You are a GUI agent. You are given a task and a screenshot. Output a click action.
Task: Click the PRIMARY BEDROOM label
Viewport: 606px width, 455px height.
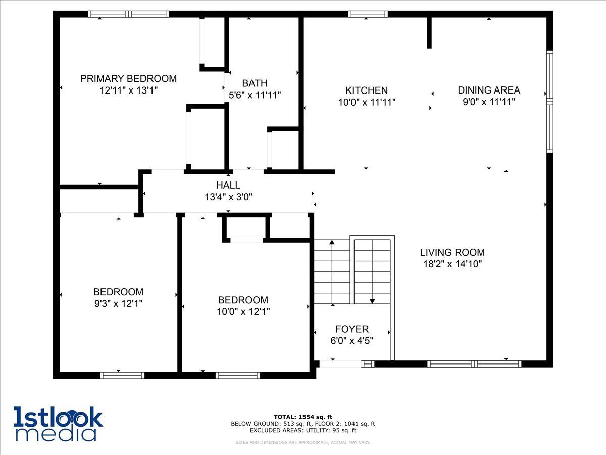(128, 79)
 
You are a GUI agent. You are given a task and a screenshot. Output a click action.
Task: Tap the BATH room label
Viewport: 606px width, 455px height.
(255, 83)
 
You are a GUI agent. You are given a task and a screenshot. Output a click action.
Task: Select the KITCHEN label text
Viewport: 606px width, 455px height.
(367, 90)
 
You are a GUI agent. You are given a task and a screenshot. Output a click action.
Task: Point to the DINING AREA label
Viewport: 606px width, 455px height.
(489, 90)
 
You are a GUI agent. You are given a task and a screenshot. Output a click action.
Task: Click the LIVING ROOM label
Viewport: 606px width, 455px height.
(452, 252)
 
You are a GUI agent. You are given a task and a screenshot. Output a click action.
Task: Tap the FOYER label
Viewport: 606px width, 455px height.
(352, 329)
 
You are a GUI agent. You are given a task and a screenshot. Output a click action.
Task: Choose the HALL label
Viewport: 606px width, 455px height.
(228, 185)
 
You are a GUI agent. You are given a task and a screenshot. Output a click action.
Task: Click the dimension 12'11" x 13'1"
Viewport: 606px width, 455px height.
(129, 90)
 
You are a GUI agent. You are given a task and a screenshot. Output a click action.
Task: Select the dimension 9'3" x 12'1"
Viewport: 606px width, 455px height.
(119, 304)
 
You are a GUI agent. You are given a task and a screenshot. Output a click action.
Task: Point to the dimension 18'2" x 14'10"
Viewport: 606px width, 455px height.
(452, 264)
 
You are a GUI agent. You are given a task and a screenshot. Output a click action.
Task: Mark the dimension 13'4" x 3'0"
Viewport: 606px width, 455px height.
(228, 197)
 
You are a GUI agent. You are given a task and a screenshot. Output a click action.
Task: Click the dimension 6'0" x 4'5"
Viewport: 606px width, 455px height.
(351, 341)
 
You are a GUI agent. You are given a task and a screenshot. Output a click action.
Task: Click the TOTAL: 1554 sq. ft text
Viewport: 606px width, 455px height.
(303, 417)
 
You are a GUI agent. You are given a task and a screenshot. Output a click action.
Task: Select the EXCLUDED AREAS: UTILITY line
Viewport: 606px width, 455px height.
(303, 430)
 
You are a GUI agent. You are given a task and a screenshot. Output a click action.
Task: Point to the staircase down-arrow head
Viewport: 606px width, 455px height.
(372, 301)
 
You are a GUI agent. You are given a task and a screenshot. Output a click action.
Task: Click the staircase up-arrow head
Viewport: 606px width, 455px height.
(332, 242)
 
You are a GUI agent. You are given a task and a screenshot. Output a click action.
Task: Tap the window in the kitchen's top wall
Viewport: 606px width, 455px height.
(368, 14)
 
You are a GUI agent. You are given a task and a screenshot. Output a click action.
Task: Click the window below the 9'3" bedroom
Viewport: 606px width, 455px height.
(122, 375)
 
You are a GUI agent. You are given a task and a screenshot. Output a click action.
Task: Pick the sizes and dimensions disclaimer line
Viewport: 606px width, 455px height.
(302, 442)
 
